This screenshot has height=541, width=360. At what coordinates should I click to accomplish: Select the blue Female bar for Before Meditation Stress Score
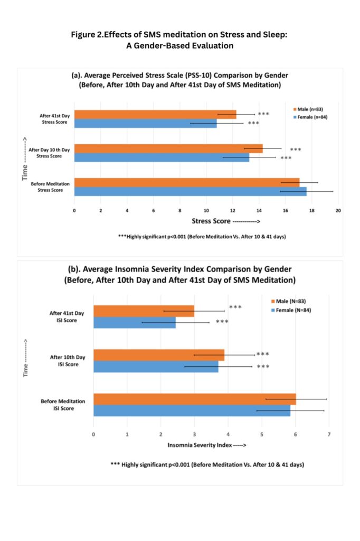click(190, 191)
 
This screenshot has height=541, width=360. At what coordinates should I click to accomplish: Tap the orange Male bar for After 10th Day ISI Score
click(159, 355)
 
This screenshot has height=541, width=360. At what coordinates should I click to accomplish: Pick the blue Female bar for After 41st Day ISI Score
click(135, 322)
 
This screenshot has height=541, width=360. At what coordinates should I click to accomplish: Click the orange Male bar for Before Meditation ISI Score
click(195, 399)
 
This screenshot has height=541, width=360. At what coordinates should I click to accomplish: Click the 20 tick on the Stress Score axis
click(338, 210)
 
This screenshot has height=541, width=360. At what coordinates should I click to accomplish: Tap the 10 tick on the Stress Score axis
click(206, 210)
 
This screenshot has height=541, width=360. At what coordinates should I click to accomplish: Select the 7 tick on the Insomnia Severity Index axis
click(329, 434)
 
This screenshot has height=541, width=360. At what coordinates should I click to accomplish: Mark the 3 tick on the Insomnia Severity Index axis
click(194, 434)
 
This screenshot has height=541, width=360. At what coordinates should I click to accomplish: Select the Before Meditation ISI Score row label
click(63, 405)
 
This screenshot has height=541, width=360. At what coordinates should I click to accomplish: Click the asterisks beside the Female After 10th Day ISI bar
click(263, 367)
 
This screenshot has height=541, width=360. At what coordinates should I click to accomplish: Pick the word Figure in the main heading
click(83, 34)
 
